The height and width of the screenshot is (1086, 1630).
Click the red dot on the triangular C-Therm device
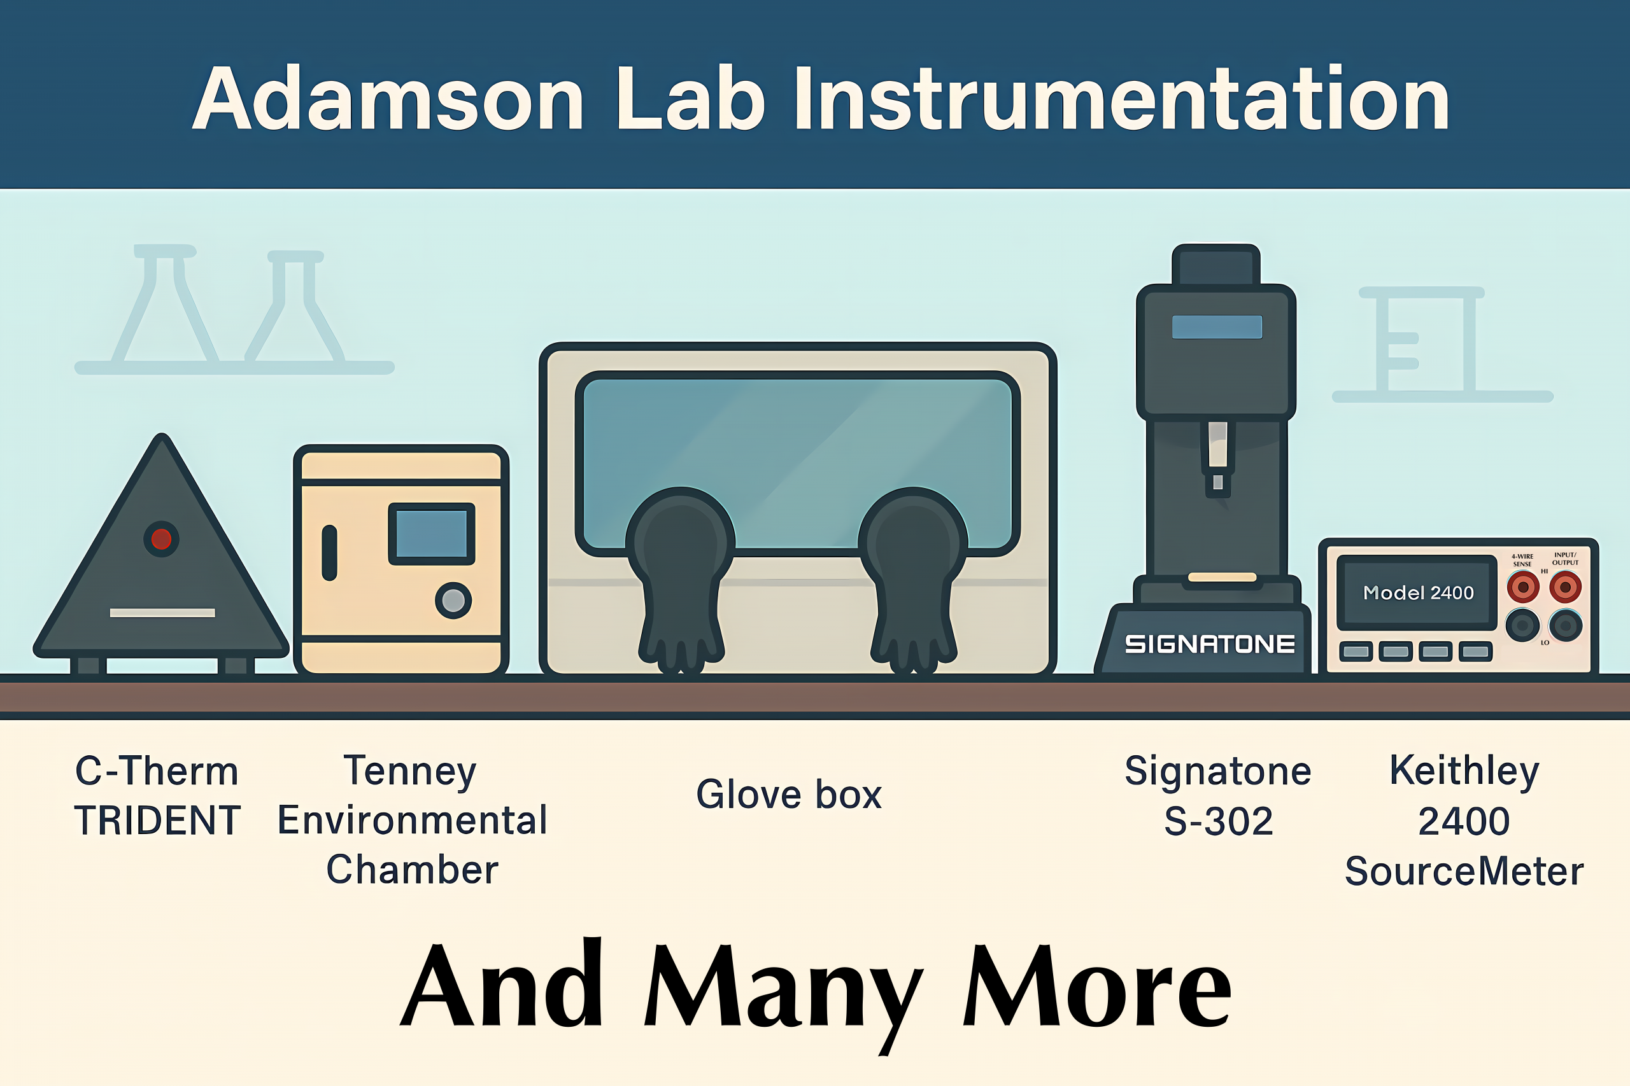[x=162, y=539]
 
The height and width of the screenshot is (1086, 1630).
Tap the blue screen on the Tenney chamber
[x=431, y=533]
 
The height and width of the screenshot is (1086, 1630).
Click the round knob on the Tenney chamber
[x=453, y=600]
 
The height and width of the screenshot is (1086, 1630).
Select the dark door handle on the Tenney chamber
[x=330, y=553]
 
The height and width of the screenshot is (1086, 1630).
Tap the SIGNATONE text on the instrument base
[x=1209, y=644]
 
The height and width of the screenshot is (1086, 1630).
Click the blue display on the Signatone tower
[x=1217, y=327]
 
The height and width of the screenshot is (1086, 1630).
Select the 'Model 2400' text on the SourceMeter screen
[x=1418, y=593]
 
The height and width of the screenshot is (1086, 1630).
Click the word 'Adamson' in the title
[x=388, y=99]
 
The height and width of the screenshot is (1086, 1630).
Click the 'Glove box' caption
[x=789, y=795]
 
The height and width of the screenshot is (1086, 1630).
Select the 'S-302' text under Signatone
[x=1218, y=821]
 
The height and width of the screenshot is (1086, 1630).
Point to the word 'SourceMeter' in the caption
[x=1464, y=872]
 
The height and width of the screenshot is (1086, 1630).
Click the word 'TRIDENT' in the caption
[x=157, y=821]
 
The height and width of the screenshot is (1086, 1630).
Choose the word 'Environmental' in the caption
[x=413, y=821]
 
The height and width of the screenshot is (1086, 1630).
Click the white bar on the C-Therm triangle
[x=162, y=612]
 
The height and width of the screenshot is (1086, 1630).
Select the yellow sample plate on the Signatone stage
[x=1222, y=577]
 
